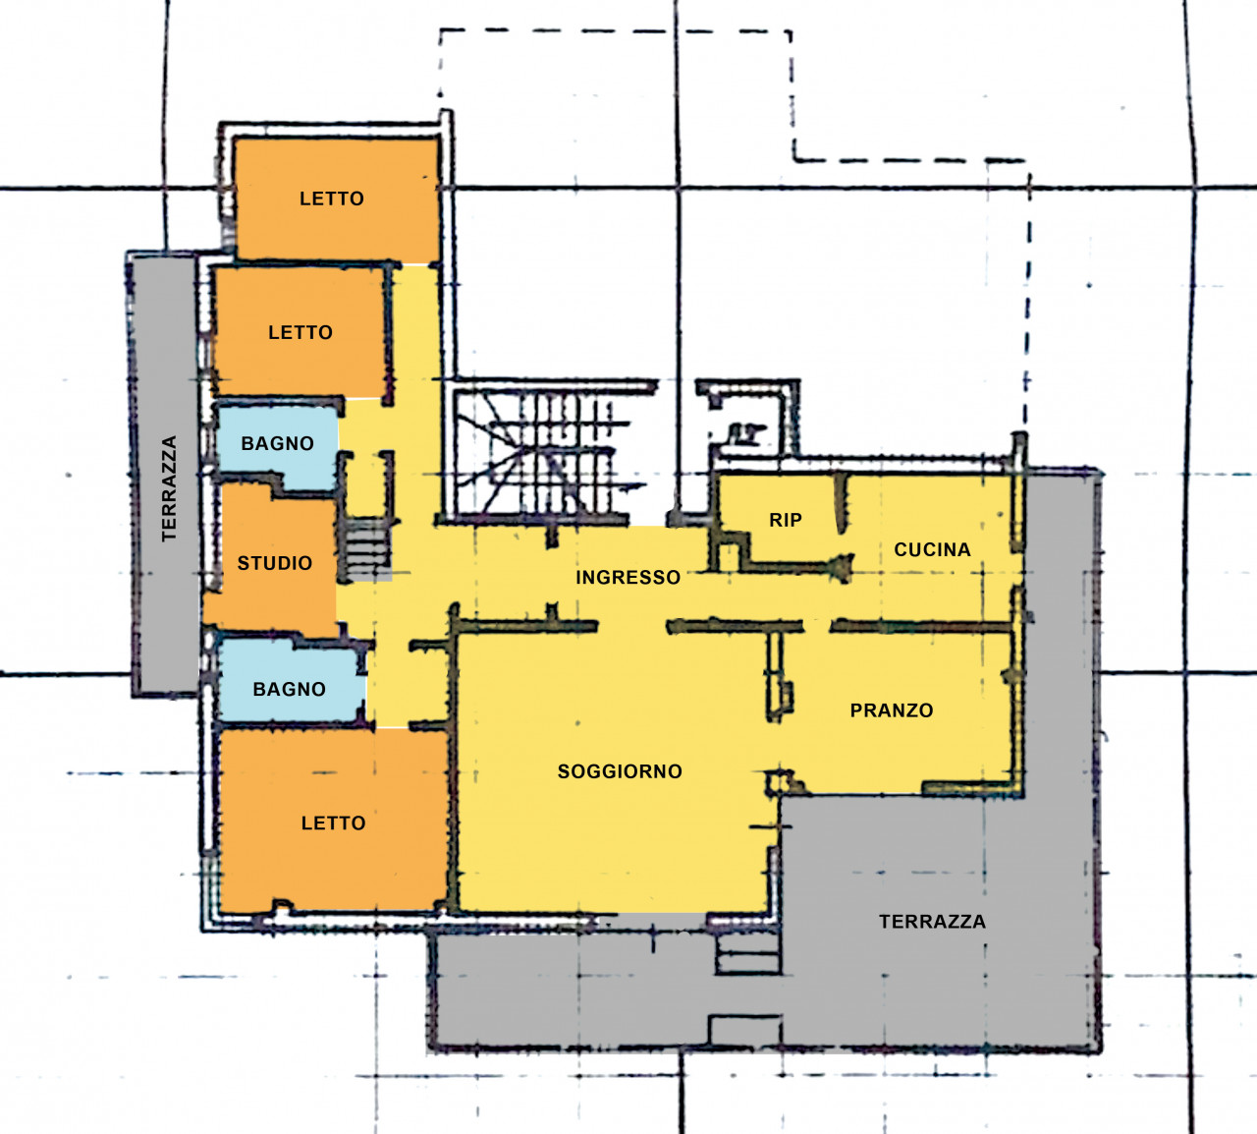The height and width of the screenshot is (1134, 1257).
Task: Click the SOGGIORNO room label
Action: (620, 771)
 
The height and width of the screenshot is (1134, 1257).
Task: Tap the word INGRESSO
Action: (628, 577)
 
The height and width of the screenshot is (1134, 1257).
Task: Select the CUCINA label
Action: (932, 549)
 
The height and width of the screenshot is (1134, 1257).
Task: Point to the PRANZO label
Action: (892, 710)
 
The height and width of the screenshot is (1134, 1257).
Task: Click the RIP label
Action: (786, 520)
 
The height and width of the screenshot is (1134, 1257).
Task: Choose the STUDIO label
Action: (274, 563)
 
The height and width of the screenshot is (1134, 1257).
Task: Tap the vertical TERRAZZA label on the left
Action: (169, 488)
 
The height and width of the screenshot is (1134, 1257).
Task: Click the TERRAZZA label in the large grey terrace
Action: (932, 922)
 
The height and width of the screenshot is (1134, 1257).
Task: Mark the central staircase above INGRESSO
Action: (542, 453)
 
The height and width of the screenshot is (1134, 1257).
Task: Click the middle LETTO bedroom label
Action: (301, 332)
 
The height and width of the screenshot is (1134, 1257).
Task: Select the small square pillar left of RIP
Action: (728, 556)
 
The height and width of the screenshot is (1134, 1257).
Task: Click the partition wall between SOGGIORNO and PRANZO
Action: (777, 676)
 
